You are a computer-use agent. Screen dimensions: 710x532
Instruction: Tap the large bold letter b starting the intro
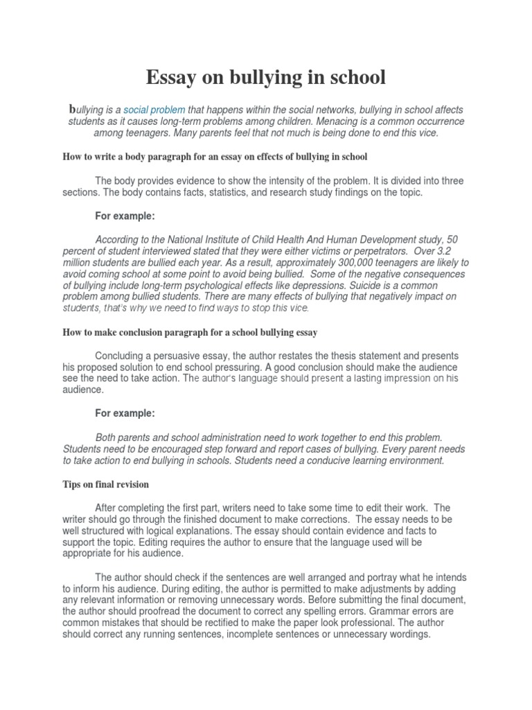coord(71,110)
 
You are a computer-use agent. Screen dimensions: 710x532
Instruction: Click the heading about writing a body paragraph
coord(214,157)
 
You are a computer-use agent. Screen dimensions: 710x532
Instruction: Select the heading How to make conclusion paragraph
coord(190,333)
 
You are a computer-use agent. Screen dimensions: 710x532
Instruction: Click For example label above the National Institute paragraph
coord(125,216)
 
